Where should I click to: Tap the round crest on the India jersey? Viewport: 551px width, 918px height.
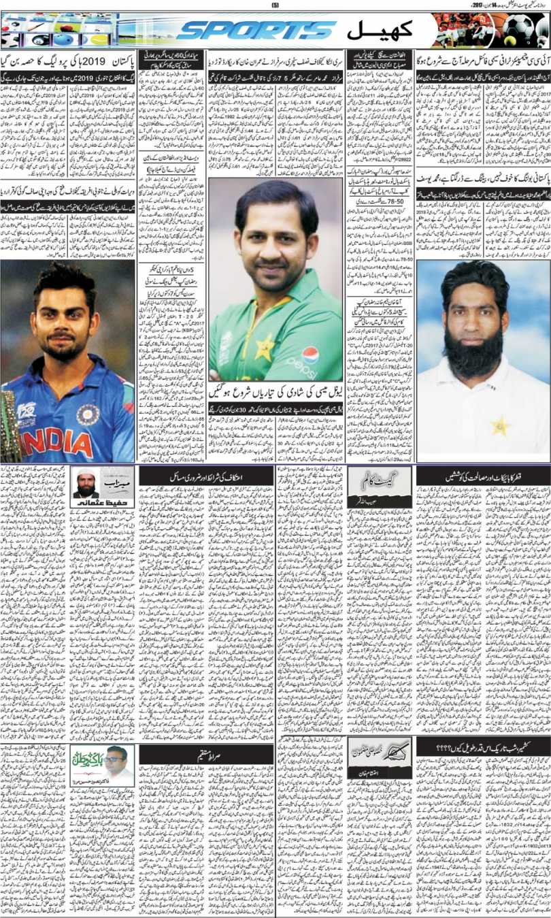click(87, 414)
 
